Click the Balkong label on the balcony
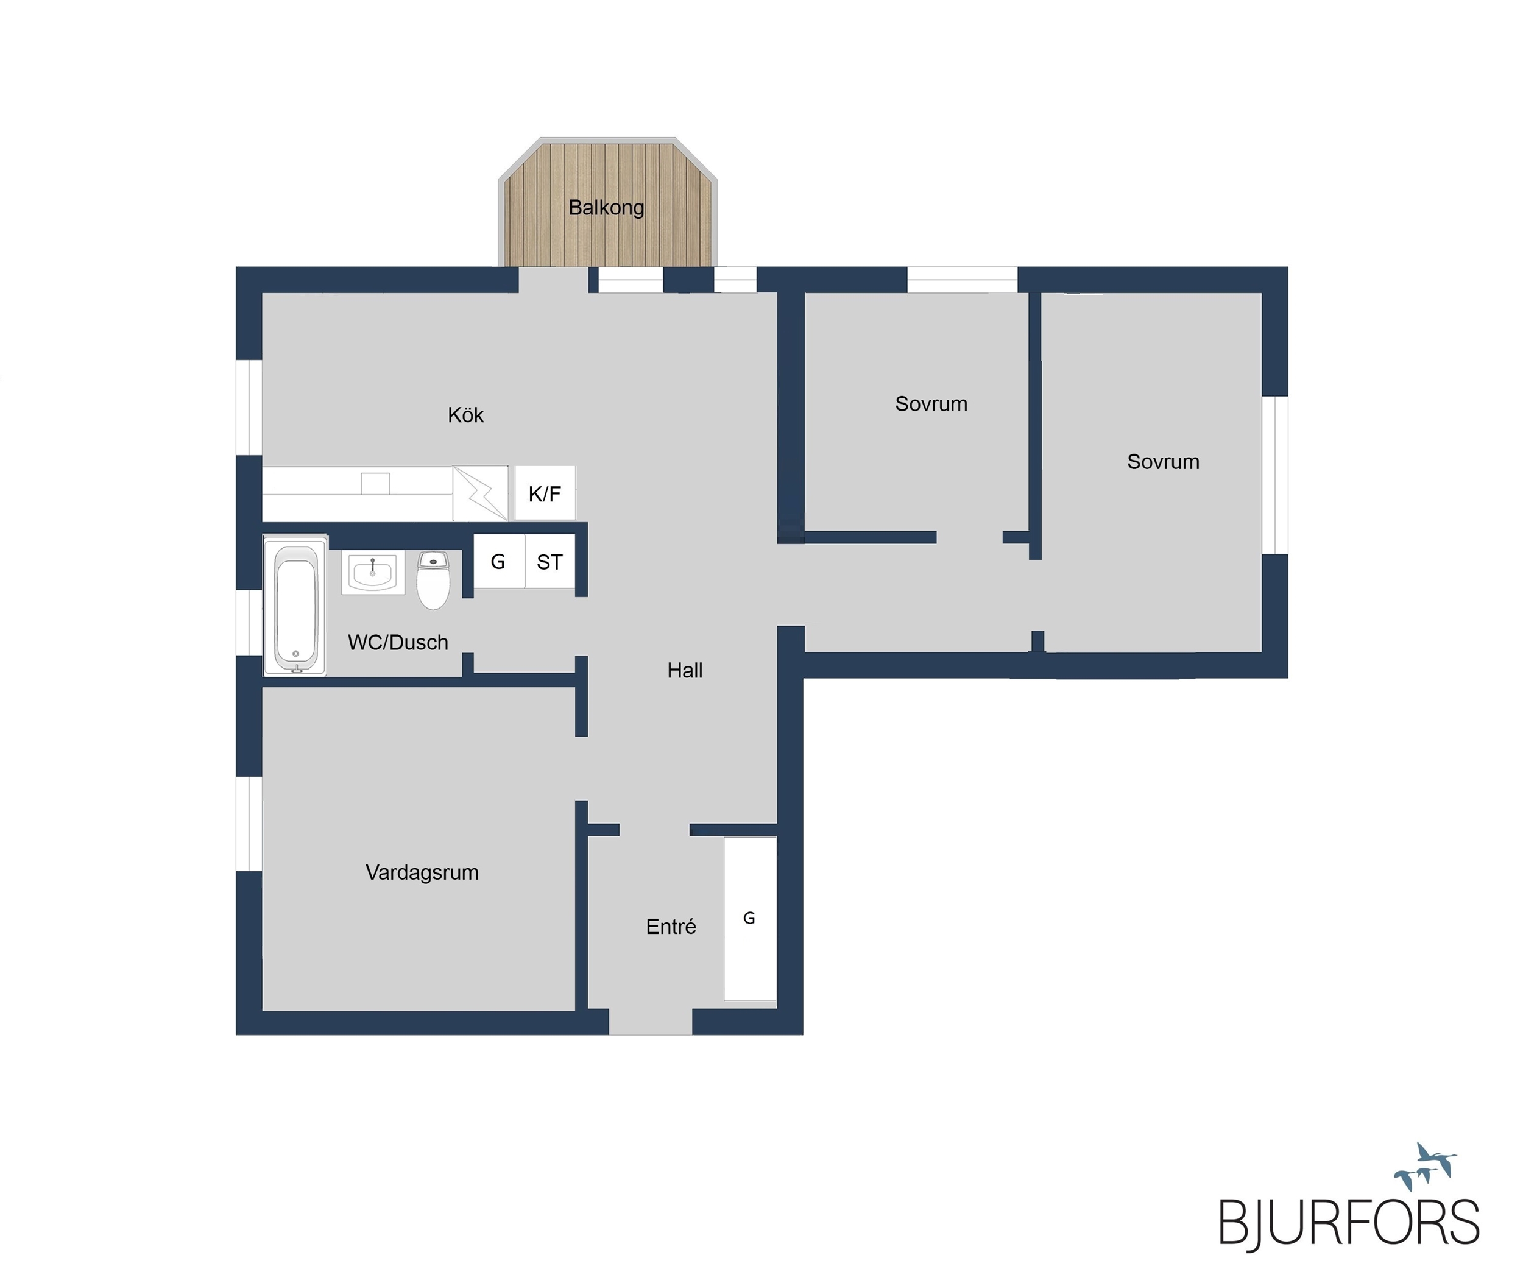coord(606,208)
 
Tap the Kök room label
coord(465,415)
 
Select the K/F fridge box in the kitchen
coord(545,493)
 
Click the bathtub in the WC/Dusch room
coord(295,606)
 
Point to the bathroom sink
coord(373,573)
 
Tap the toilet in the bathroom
coord(434,580)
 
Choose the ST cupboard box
coord(549,561)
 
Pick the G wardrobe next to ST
coord(499,561)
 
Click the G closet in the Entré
coord(750,919)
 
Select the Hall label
coord(685,671)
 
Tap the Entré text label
coord(671,926)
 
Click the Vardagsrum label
coord(422,872)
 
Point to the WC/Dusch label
coord(398,643)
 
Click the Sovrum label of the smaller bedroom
coord(931,404)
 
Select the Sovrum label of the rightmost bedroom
coord(1164,462)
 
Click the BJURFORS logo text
coord(1349,1222)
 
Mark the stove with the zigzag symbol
coord(480,493)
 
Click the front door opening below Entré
coord(651,1022)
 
